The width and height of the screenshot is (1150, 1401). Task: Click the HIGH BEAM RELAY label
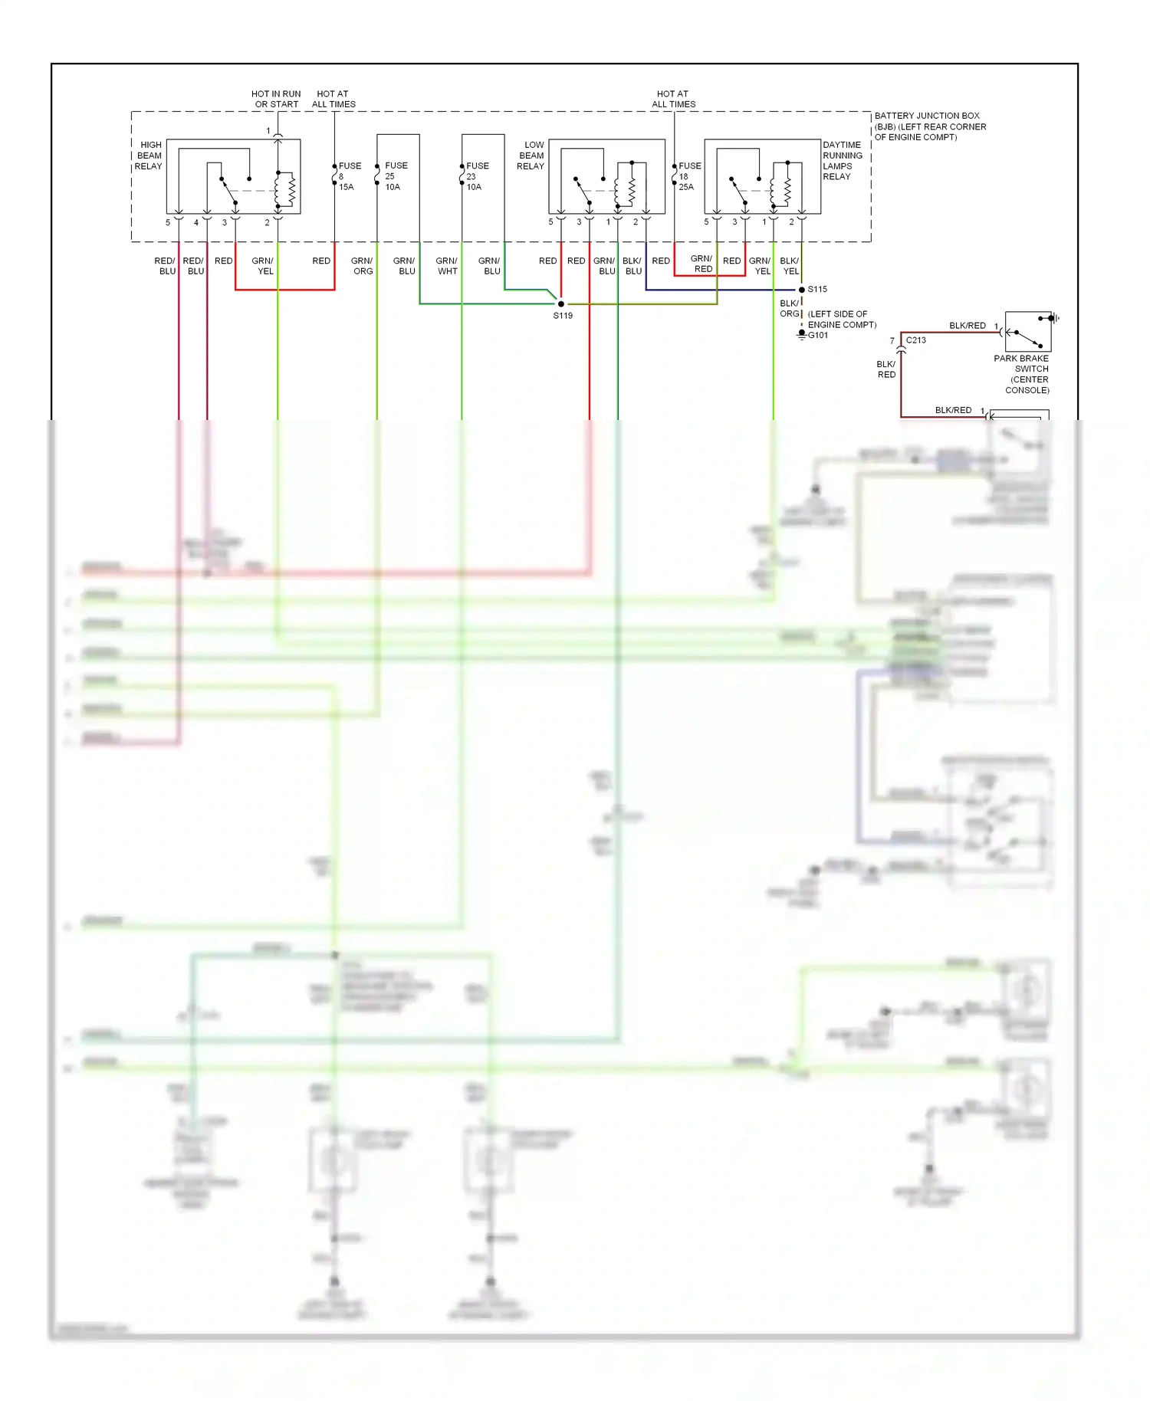149,156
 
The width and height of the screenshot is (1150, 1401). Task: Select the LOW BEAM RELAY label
531,156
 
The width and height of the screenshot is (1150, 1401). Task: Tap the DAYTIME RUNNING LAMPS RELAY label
842,160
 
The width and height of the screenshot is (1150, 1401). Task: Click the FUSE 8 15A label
348,176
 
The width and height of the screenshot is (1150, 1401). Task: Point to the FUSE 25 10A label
395,176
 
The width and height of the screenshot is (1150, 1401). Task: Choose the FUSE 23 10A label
476,176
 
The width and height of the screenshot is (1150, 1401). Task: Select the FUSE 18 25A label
688,176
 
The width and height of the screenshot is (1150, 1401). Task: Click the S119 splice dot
561,304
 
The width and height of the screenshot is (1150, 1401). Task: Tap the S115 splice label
817,290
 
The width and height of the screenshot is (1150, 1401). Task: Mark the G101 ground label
818,335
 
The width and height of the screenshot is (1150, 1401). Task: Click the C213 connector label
916,340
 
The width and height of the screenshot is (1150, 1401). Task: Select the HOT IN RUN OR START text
276,99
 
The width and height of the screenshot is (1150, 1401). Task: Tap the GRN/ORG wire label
362,266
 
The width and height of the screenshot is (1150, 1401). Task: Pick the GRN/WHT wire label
446,266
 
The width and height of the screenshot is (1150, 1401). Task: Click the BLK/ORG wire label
789,308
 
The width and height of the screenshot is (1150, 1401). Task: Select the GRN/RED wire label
701,264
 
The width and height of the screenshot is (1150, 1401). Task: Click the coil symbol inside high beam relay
290,189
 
